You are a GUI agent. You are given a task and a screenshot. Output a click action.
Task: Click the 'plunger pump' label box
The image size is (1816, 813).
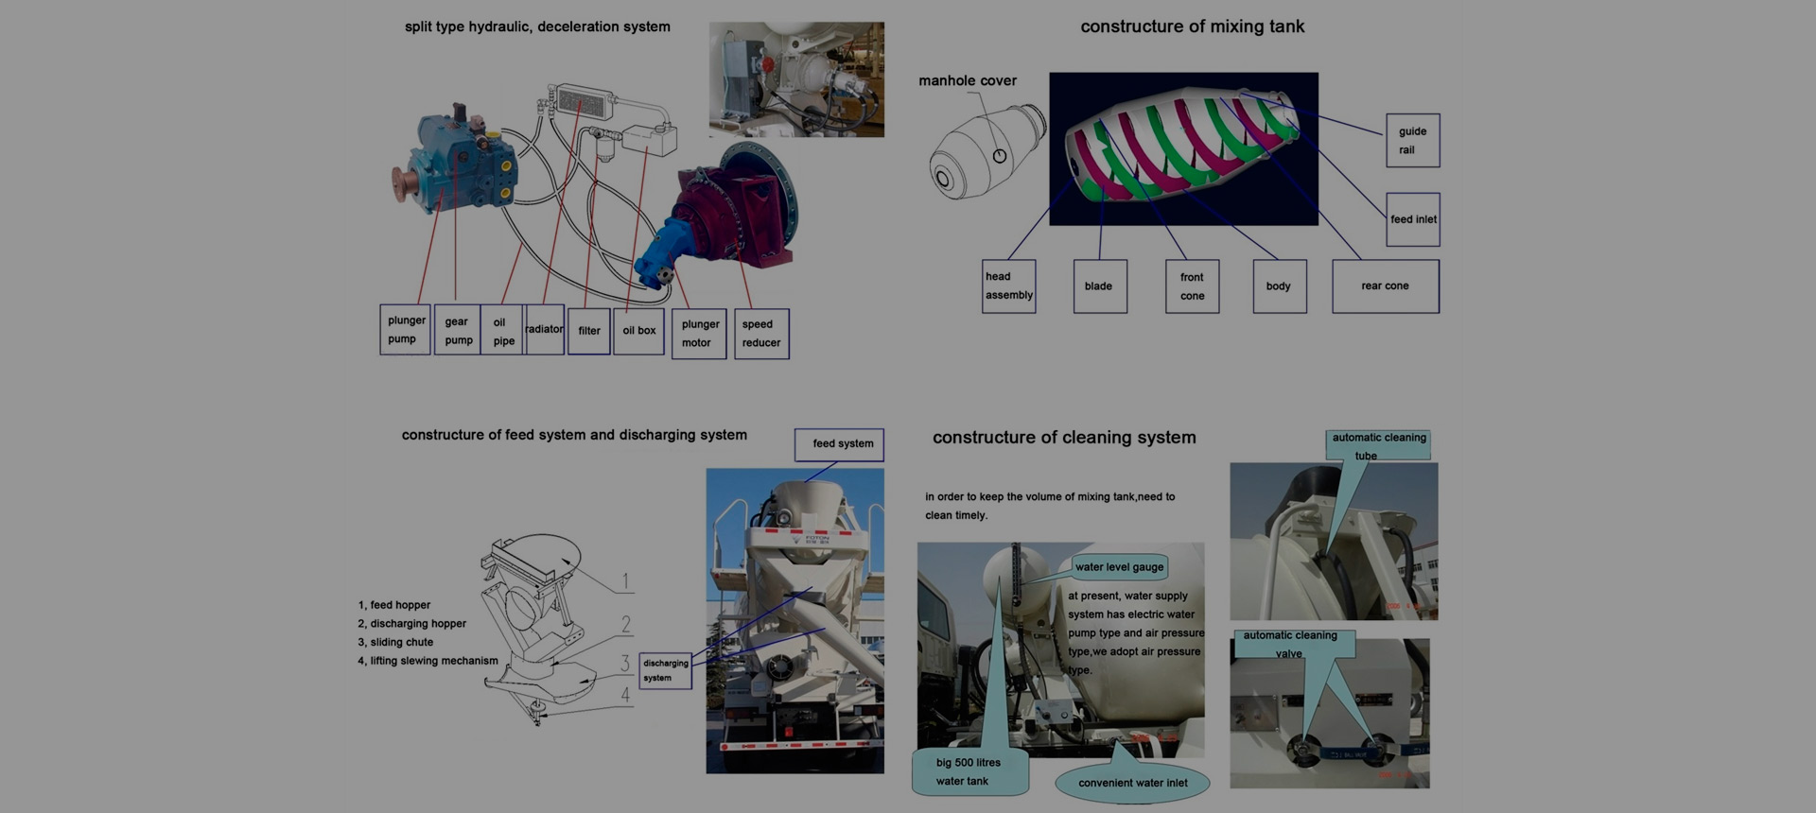[405, 330]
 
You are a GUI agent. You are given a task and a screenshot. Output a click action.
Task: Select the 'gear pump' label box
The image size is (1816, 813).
[458, 331]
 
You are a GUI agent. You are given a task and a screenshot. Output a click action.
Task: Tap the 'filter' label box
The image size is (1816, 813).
[588, 331]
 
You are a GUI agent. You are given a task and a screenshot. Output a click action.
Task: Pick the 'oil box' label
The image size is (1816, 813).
[638, 331]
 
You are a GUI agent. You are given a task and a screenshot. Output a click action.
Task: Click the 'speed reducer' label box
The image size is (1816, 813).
[761, 334]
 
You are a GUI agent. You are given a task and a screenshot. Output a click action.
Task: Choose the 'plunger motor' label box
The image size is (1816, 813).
[699, 334]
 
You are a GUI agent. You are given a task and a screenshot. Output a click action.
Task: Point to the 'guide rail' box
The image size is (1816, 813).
[1412, 141]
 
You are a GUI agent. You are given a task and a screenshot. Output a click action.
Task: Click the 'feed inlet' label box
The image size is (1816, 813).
[1413, 219]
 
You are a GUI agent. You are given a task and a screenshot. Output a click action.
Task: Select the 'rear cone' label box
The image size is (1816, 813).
[1385, 286]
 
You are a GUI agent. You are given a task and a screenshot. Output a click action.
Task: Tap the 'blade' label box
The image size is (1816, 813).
[1099, 286]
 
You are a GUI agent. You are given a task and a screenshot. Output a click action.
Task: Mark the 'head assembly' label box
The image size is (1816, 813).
[1008, 286]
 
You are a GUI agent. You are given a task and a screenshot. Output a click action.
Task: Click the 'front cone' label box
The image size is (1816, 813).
[1192, 286]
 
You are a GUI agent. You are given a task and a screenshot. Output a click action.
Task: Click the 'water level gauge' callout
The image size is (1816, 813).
[1120, 567]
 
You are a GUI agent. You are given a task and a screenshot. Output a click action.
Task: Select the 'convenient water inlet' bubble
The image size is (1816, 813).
[1133, 783]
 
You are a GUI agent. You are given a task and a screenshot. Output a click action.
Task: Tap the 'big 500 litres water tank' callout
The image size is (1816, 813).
[968, 771]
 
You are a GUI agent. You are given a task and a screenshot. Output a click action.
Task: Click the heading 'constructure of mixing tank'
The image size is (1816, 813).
[1192, 26]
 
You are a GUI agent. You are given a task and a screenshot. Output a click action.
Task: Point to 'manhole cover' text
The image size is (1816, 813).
[967, 81]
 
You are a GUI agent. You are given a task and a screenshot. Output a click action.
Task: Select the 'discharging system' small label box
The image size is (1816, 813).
[665, 670]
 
